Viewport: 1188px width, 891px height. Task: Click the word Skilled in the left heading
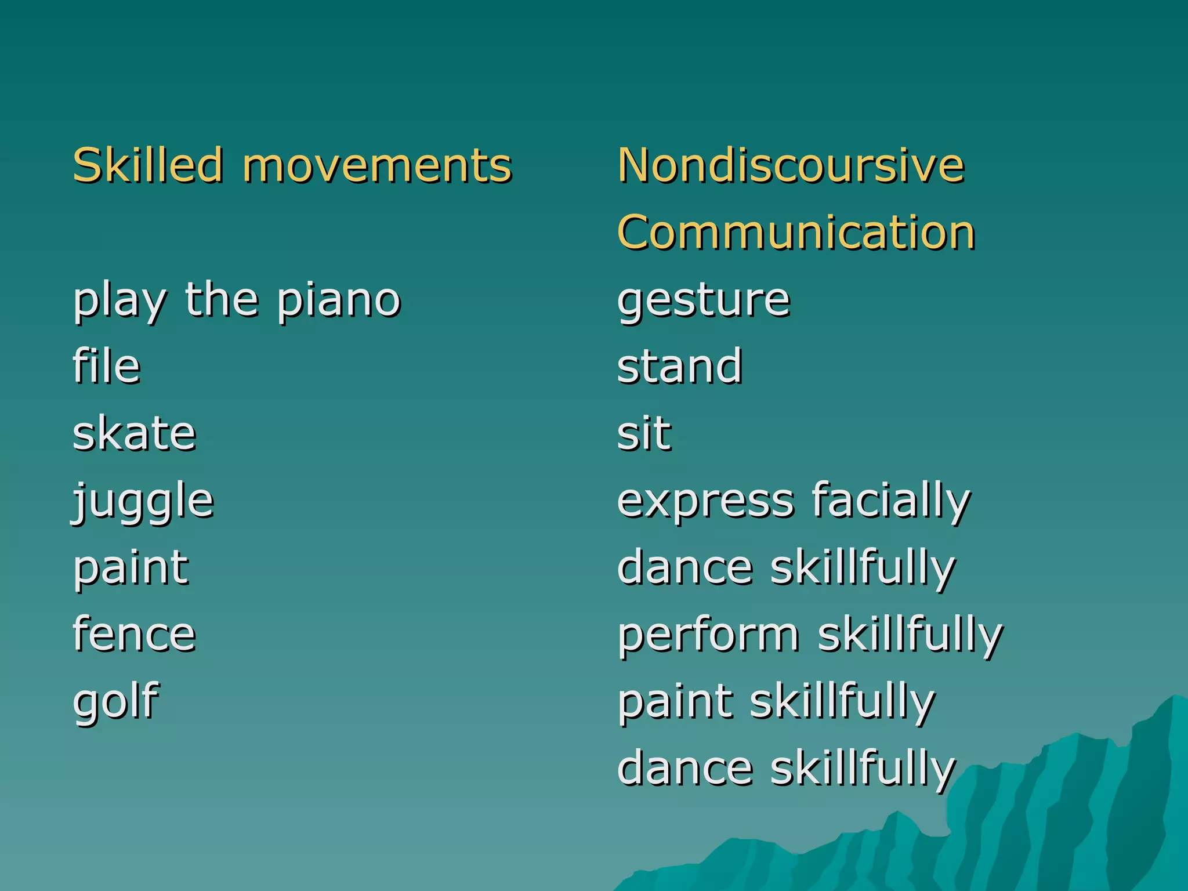pos(148,165)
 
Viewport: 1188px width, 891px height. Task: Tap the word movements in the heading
pos(377,166)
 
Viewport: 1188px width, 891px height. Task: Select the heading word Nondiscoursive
pos(791,165)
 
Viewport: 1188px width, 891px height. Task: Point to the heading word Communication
pos(796,232)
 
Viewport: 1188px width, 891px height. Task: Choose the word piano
pos(339,302)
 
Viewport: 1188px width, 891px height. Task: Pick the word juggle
pos(143,502)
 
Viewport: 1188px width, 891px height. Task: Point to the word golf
pos(116,702)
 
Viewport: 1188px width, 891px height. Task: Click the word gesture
pos(704,302)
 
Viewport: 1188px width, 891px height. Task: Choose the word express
pos(705,502)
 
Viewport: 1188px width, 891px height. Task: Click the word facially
pos(891,502)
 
